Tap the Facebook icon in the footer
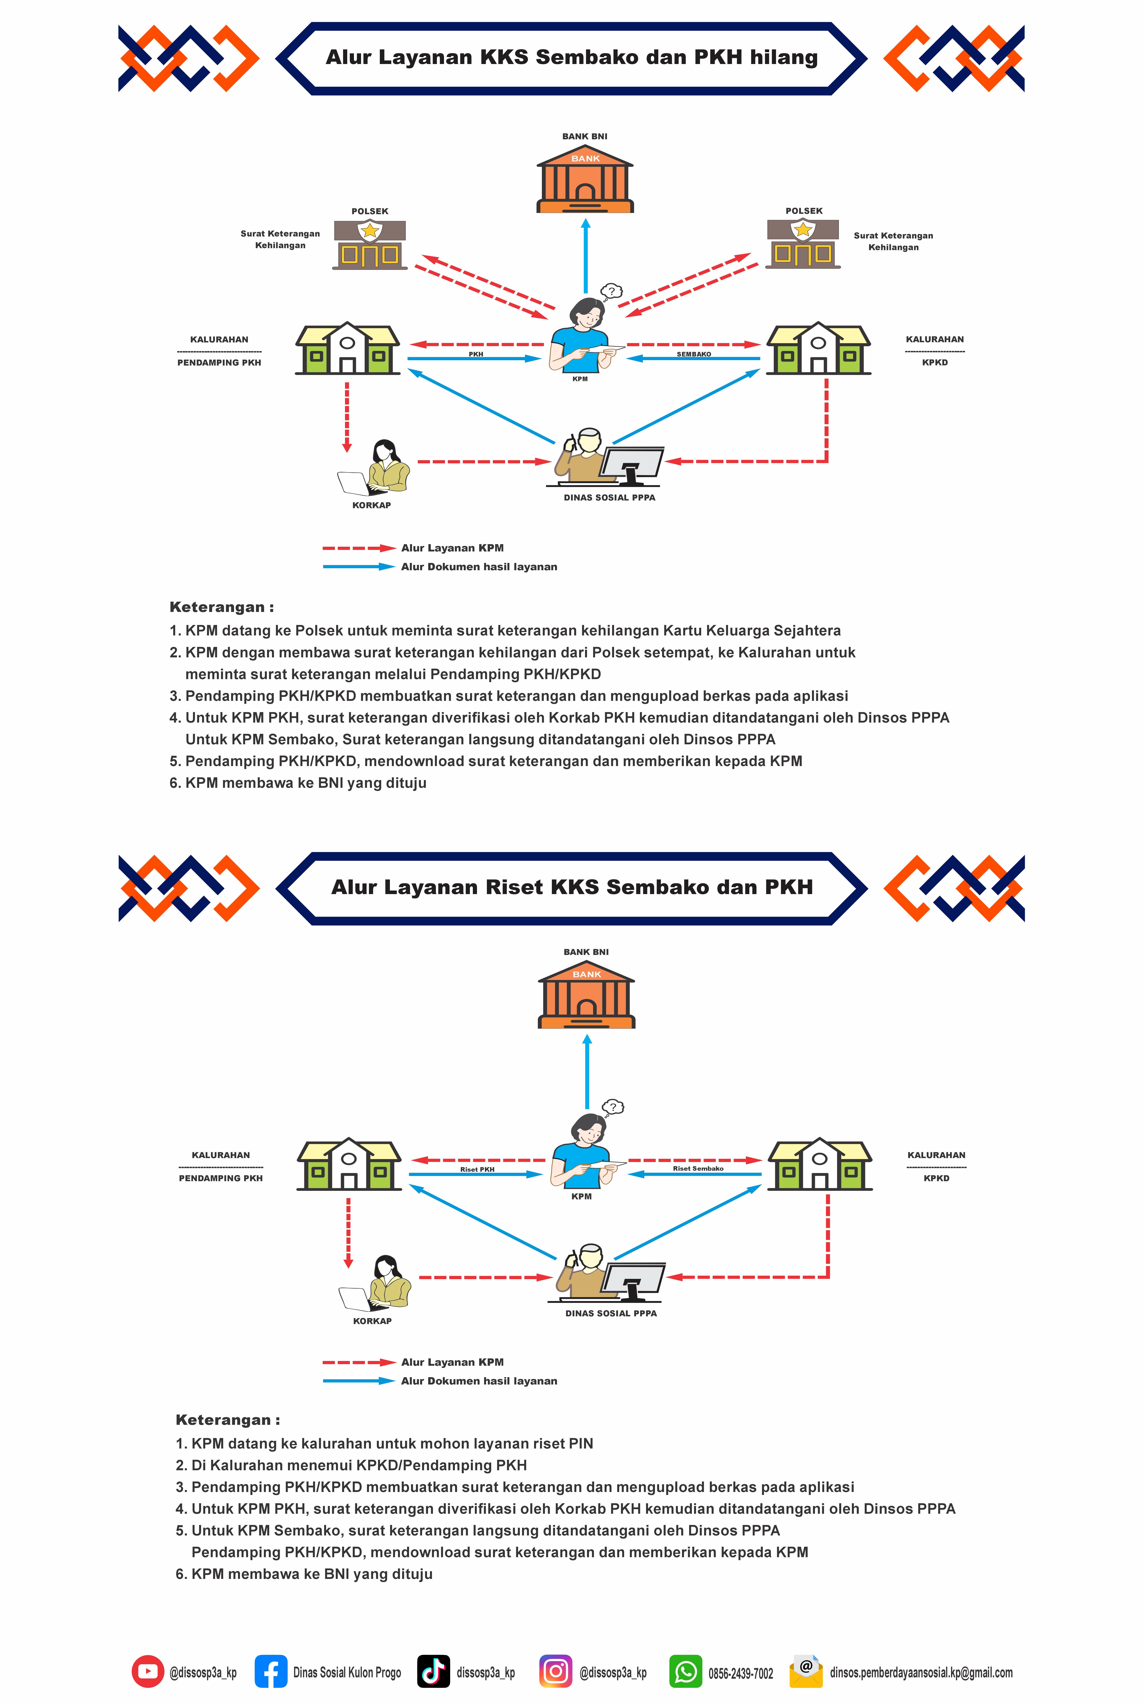click(270, 1672)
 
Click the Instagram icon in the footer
click(555, 1672)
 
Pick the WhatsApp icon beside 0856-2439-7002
click(685, 1672)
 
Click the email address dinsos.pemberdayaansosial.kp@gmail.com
click(921, 1672)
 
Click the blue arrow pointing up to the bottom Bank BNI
click(587, 1072)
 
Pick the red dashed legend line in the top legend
click(359, 548)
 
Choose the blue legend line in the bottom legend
click(359, 1381)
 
